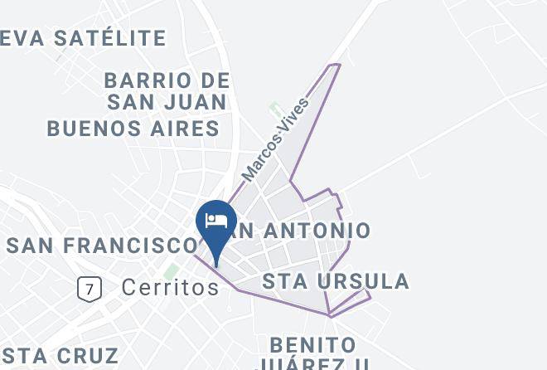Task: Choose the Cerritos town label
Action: click(x=169, y=287)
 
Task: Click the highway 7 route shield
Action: click(x=89, y=289)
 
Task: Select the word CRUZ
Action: click(x=89, y=355)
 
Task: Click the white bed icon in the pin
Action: click(x=216, y=221)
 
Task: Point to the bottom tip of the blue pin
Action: click(x=216, y=266)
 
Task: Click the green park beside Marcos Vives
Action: click(x=274, y=110)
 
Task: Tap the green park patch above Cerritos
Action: click(x=171, y=271)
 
